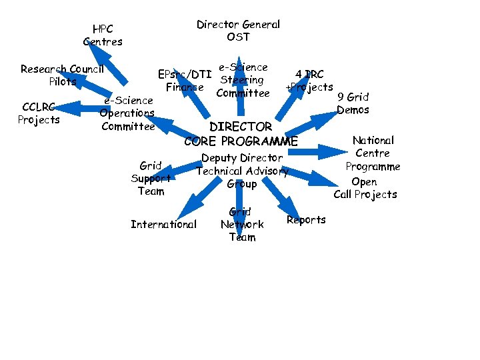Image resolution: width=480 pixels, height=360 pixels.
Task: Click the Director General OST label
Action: click(238, 31)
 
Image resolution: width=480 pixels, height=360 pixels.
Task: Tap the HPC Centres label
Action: click(103, 35)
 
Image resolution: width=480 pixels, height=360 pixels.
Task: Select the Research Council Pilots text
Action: click(62, 75)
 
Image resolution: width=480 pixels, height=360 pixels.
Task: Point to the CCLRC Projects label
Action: click(39, 113)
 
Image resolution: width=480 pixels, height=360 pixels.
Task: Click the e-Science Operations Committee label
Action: click(127, 113)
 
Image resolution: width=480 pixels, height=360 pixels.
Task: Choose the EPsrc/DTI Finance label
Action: click(185, 80)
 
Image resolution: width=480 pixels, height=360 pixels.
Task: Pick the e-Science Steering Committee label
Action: click(242, 80)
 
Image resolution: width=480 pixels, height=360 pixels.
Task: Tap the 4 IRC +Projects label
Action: click(309, 81)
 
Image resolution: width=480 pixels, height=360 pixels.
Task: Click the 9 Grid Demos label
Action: click(353, 103)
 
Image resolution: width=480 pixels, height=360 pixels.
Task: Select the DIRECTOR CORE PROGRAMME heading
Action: click(241, 133)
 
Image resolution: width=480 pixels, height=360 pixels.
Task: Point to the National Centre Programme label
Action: click(373, 153)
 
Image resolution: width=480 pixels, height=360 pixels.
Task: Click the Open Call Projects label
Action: click(365, 188)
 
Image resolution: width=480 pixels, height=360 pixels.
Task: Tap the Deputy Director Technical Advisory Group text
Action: click(242, 171)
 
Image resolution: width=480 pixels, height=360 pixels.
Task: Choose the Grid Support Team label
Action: click(151, 178)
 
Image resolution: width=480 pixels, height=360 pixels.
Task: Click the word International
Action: click(163, 224)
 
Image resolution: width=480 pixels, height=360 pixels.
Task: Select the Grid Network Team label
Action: click(241, 225)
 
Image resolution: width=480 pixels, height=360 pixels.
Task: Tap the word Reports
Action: click(306, 220)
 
